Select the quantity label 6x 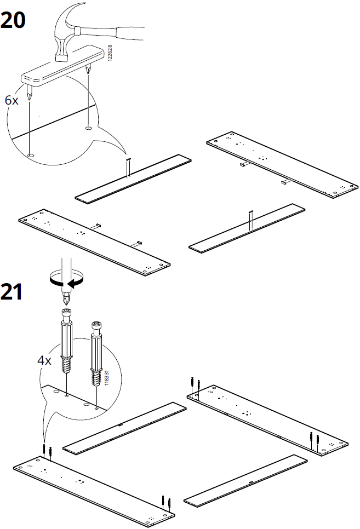pyautogui.click(x=12, y=100)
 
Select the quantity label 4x pyautogui.click(x=44, y=360)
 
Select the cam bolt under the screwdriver pyautogui.click(x=66, y=340)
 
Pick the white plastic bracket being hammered pyautogui.click(x=62, y=65)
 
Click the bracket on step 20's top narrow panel pyautogui.click(x=128, y=166)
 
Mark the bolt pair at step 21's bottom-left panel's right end pyautogui.click(x=167, y=503)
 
